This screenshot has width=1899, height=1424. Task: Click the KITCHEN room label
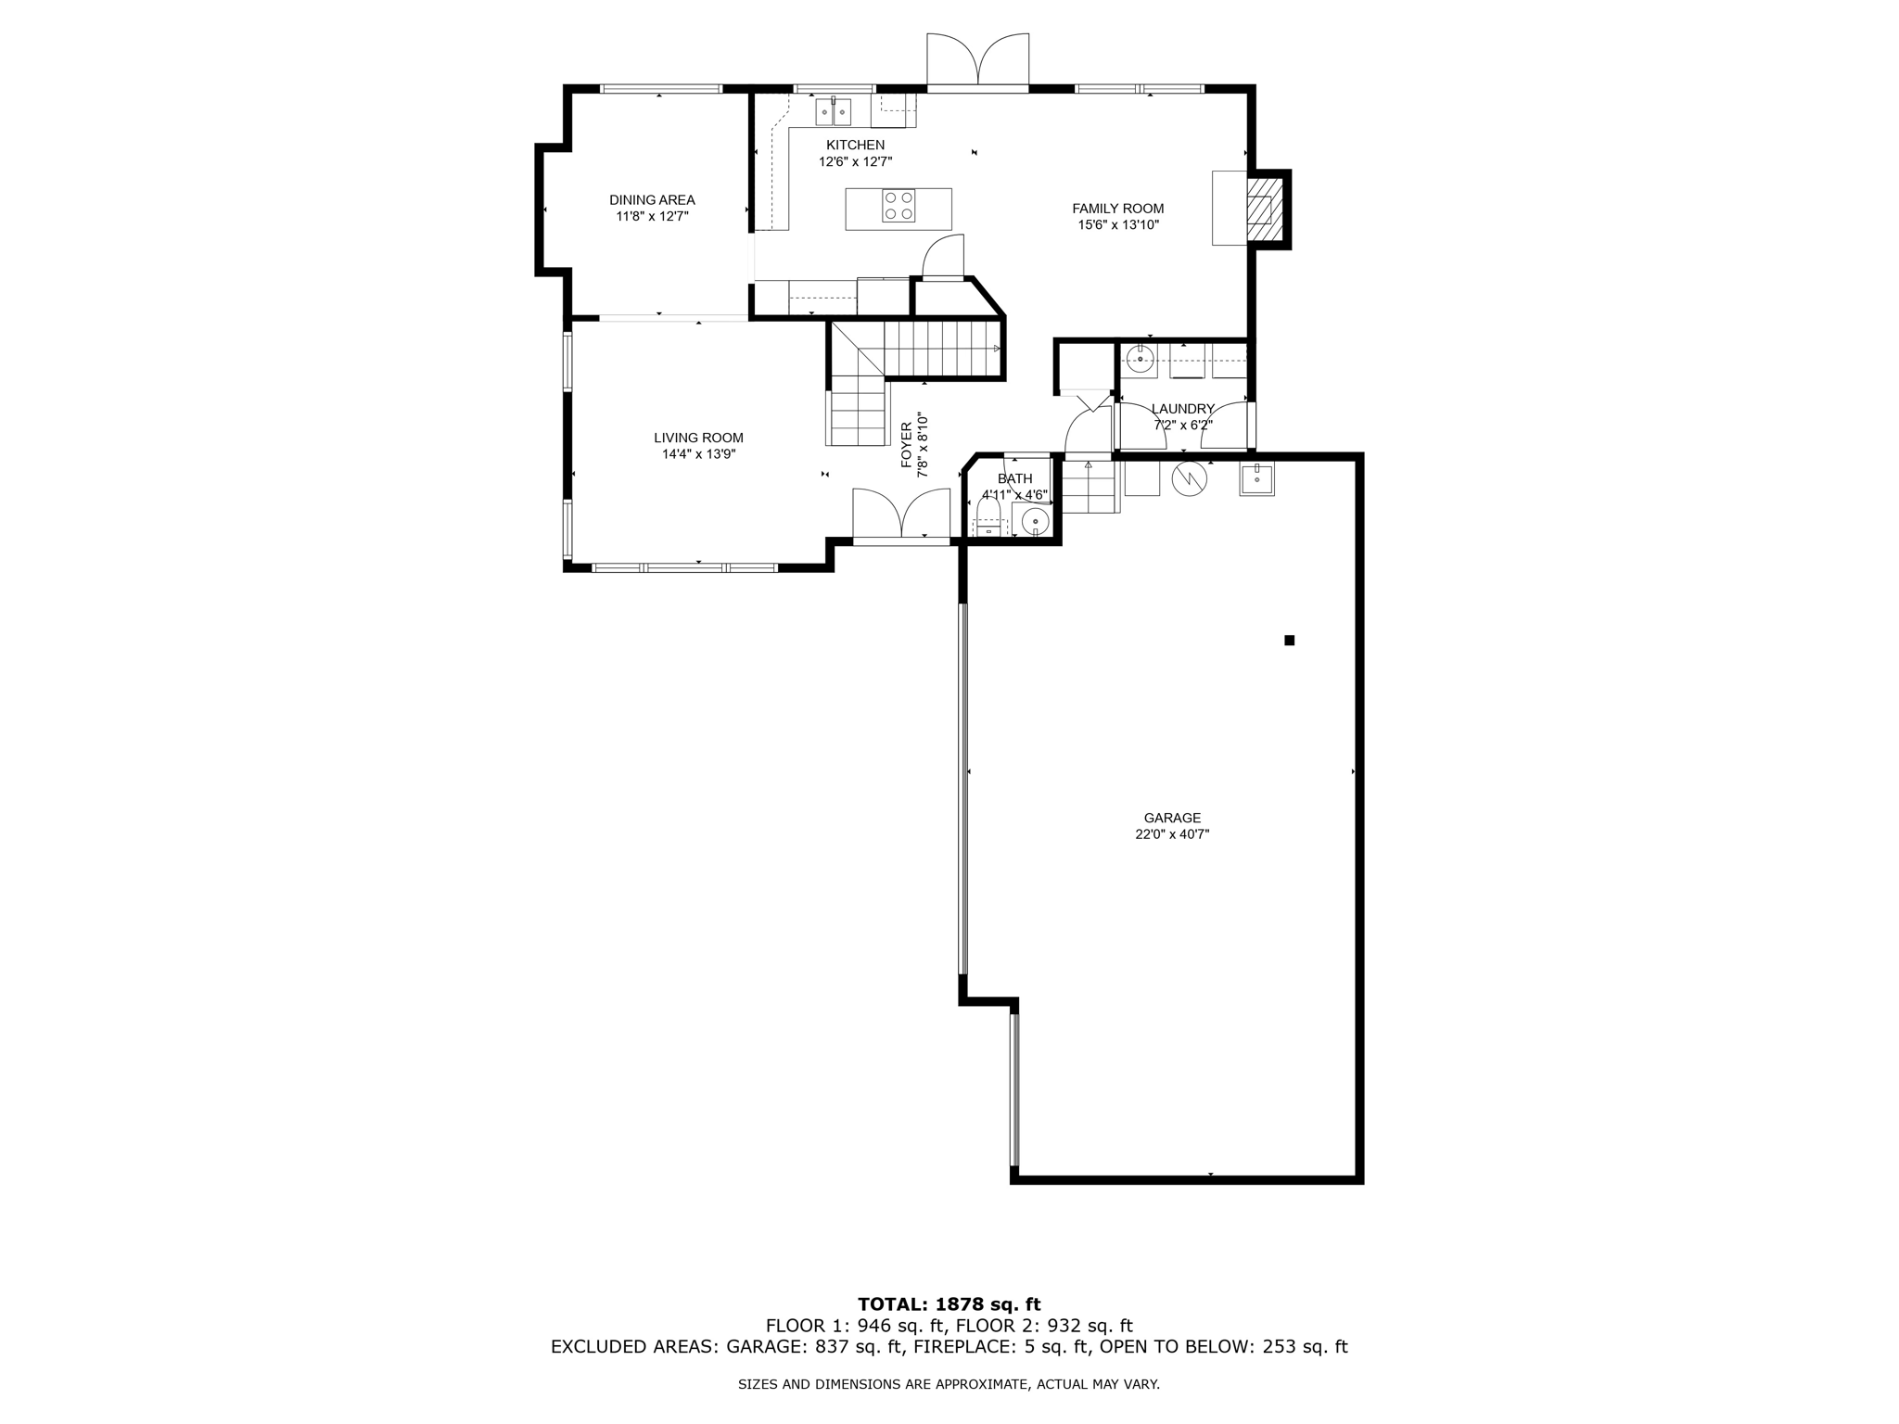click(x=855, y=145)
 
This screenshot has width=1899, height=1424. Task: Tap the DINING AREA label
click(x=652, y=199)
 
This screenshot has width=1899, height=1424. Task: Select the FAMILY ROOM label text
click(x=1117, y=209)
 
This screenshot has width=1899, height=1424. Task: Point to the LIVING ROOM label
click(x=698, y=438)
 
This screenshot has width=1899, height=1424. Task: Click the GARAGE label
click(x=1172, y=818)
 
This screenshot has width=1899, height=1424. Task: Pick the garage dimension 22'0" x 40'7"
click(x=1172, y=834)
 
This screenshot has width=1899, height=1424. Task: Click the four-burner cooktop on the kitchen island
click(x=899, y=205)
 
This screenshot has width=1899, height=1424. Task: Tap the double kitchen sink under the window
click(x=834, y=112)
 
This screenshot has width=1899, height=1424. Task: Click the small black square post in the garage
click(x=1289, y=640)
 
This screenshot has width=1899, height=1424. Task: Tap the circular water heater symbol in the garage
click(x=1190, y=478)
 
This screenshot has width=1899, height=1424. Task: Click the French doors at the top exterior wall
click(x=977, y=60)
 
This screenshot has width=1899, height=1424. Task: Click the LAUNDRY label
click(x=1182, y=409)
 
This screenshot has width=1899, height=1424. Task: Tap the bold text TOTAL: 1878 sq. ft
click(x=949, y=1304)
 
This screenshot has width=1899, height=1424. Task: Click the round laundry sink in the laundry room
click(x=1140, y=358)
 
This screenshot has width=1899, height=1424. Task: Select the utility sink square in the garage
click(x=1256, y=479)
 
